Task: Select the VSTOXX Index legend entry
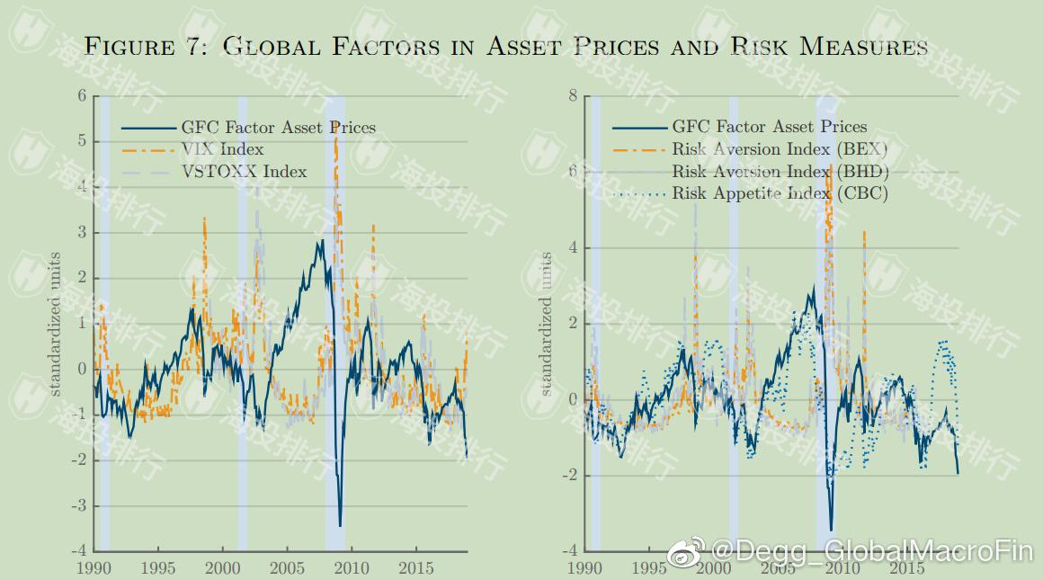(x=244, y=172)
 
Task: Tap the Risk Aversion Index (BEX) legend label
(x=780, y=149)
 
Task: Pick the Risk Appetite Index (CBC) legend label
(x=780, y=193)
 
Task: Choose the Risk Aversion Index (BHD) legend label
(x=780, y=172)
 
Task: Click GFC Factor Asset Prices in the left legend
(x=278, y=128)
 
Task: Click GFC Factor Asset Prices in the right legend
(x=769, y=128)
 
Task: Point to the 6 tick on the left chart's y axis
(x=82, y=96)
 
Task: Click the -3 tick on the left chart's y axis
(x=78, y=505)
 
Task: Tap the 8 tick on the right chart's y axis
(x=573, y=96)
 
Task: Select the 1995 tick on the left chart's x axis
(x=158, y=568)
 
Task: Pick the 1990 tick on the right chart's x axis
(x=585, y=568)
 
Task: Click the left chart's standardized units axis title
(x=55, y=324)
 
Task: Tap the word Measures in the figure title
(x=862, y=47)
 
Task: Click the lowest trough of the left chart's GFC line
(x=340, y=525)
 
